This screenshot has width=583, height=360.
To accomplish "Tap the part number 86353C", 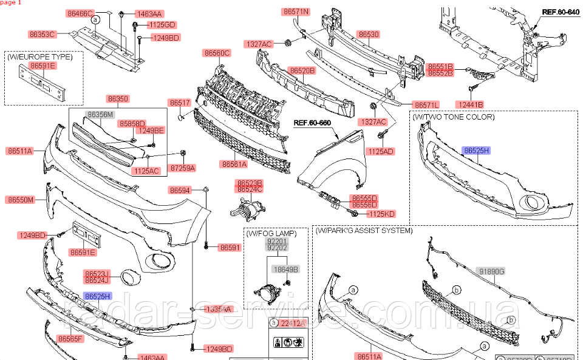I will pos(42,34).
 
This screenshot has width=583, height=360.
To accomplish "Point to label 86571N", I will pos(296,12).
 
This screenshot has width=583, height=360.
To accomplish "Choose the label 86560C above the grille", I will pos(217,53).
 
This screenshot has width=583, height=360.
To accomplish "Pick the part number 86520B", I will pos(302,70).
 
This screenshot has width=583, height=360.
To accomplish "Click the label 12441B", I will pos(470,104).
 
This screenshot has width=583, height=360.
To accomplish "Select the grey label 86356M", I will pos(100,114).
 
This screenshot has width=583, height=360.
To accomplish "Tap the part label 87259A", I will pos(182,167).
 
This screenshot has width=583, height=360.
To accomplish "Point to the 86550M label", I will pos(21,199).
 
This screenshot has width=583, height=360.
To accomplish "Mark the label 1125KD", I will pos(381,214).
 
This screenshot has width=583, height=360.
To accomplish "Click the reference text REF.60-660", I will pos(312,123).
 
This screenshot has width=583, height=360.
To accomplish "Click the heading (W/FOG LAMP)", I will pos(271,233).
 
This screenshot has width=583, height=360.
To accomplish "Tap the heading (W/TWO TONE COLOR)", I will pos(454,117).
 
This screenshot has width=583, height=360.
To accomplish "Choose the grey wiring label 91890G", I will pos(492,271).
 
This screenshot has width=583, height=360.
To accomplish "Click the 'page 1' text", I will pos(11,3).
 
